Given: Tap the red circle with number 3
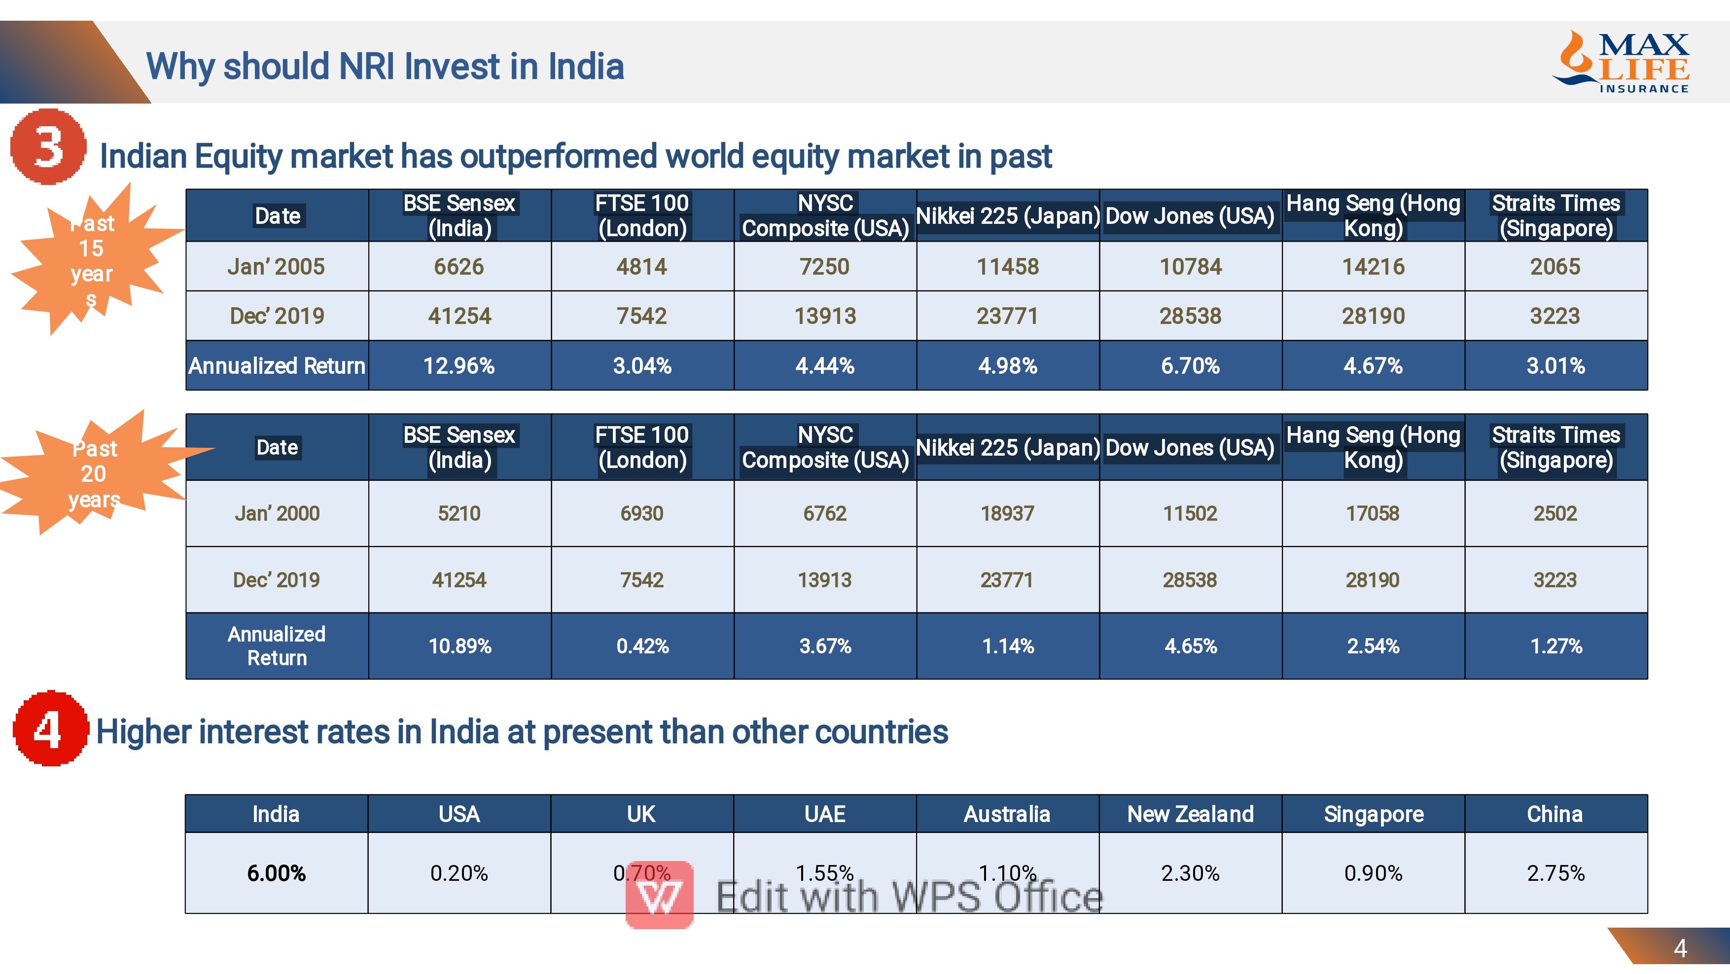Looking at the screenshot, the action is point(48,146).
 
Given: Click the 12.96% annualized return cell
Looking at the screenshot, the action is point(459,365).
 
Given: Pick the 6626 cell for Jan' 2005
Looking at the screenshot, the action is point(459,267).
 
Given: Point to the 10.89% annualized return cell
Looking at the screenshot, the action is point(459,646).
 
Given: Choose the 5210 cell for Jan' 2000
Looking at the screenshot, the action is point(459,513).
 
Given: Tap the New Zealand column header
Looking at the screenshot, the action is point(1190,814).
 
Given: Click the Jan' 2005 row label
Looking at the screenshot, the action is point(277,267).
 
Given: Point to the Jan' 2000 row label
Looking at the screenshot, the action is point(277,513).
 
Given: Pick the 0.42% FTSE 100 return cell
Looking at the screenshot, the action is point(642,646).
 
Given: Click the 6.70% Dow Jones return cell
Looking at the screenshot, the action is point(1190,365).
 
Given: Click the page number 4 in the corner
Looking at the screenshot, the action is point(1680,948).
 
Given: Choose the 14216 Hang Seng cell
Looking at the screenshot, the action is point(1373,267).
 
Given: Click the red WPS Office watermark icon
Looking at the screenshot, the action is point(660,895).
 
